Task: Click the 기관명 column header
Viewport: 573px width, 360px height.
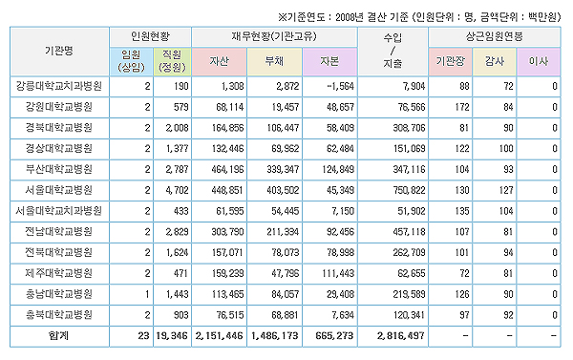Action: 59,51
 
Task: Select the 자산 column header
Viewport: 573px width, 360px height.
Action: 219,61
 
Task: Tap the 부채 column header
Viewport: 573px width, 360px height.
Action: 274,61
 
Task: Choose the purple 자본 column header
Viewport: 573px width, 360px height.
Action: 329,61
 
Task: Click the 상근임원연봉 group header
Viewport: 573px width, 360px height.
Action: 494,36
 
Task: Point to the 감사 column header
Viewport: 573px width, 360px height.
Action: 494,61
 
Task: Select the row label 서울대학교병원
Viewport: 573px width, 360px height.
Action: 59,190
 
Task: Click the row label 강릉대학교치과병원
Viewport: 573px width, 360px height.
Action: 59,86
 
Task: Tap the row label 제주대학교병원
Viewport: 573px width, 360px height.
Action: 59,273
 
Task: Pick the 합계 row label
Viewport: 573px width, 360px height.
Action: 59,335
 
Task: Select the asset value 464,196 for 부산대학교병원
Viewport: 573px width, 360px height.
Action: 227,170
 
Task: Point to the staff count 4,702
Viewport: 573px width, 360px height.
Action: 177,190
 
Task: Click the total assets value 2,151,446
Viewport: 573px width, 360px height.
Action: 219,335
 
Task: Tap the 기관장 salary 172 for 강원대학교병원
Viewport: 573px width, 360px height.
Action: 462,107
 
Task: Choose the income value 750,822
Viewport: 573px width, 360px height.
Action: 409,190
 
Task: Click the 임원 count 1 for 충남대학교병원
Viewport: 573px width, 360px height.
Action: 147,294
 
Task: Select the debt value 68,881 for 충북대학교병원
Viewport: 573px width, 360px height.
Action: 285,315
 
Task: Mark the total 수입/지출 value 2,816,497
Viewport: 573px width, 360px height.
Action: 400,335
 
